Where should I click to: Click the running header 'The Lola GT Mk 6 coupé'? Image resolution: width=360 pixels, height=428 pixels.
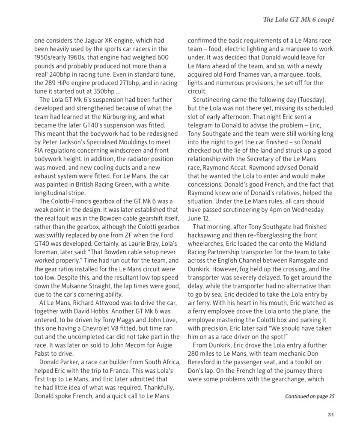tap(298, 20)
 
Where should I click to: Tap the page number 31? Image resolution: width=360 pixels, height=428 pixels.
tap(330, 414)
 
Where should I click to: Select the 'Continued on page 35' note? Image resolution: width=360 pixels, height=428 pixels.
tap(309, 396)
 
